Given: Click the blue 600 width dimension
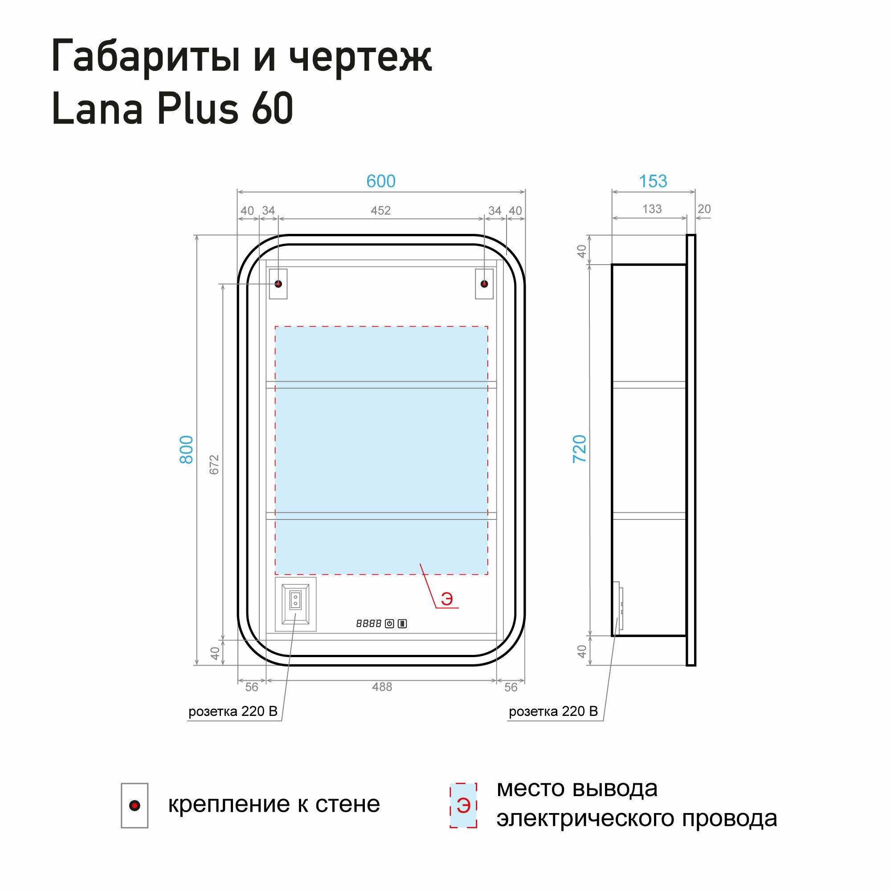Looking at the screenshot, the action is [x=380, y=181].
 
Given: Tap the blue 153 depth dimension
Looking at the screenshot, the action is [x=653, y=181].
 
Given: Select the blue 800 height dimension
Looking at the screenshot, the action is [x=186, y=449].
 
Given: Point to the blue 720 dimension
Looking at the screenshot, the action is [x=579, y=449].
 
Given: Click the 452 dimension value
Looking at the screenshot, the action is [x=380, y=211].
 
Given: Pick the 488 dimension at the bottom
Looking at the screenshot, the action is [x=382, y=687].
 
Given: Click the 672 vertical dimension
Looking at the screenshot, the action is [x=214, y=464].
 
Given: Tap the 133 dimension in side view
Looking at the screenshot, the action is [x=652, y=209].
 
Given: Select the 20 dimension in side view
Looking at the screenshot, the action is [x=704, y=209].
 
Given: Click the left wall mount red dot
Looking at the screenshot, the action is [x=278, y=284].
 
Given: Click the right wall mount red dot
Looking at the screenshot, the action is [x=484, y=284].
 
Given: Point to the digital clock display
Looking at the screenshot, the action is [x=368, y=624].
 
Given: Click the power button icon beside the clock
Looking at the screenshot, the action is [x=389, y=624].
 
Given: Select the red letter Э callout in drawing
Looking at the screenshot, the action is [x=447, y=599].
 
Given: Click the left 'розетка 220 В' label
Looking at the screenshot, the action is [x=233, y=711].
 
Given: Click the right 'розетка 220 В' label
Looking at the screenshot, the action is [x=553, y=711].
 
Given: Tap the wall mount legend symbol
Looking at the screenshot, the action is [x=135, y=805].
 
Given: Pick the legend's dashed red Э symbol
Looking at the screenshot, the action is [x=463, y=805].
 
